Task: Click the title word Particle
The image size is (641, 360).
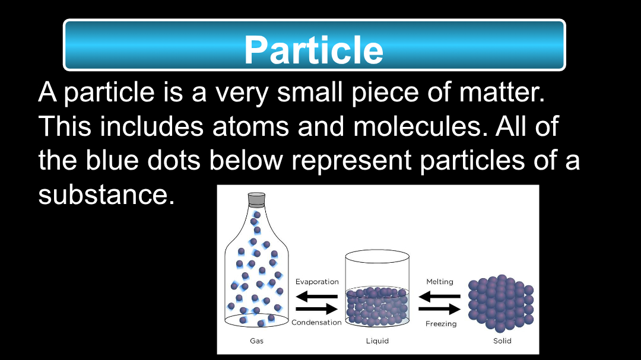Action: [313, 50]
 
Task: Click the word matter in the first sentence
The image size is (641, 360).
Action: [502, 92]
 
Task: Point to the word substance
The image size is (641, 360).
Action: [106, 195]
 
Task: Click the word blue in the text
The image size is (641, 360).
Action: [112, 160]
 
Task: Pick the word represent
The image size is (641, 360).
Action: [351, 160]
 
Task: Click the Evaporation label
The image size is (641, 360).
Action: [317, 282]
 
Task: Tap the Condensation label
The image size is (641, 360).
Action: [316, 323]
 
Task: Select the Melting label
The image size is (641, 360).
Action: [440, 282]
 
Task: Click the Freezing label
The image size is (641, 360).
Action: [441, 324]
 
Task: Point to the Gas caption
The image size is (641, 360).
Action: [257, 341]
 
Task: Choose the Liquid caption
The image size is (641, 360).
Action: [377, 341]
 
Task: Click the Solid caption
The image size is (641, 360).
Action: [503, 341]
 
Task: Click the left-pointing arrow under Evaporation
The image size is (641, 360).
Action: [317, 296]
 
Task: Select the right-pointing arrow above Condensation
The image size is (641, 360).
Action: [317, 309]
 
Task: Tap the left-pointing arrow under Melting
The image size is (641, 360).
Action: [439, 297]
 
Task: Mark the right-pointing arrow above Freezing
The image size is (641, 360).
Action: [439, 309]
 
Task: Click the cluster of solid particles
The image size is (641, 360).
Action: [501, 303]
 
